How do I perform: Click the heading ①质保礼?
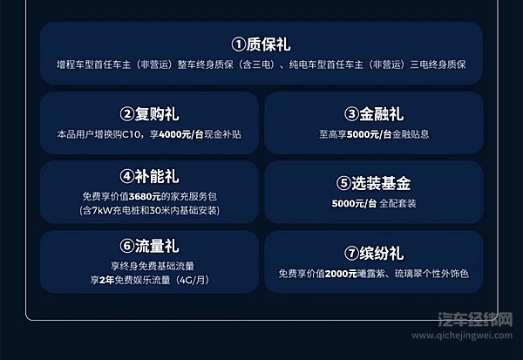[x=261, y=44]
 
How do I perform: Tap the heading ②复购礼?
[x=150, y=114]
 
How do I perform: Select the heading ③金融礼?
[x=373, y=114]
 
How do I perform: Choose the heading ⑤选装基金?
[x=373, y=184]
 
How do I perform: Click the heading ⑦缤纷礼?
[x=373, y=254]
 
